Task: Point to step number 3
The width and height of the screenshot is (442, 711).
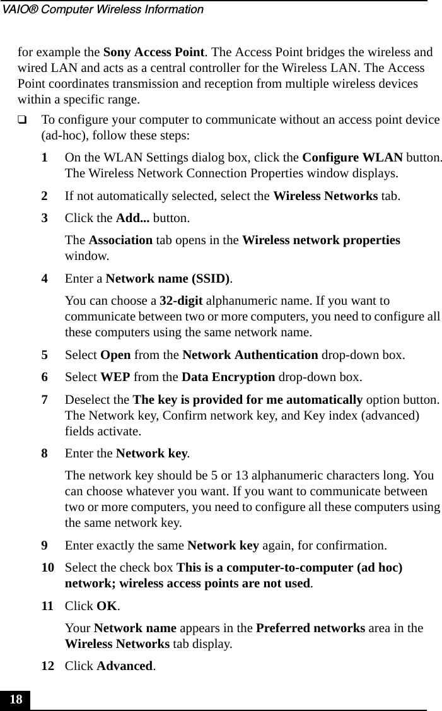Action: (x=45, y=219)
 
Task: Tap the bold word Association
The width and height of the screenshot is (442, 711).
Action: (x=120, y=241)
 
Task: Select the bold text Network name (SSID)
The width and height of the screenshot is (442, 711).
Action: (x=168, y=278)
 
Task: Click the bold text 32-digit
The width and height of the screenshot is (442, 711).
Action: (x=180, y=300)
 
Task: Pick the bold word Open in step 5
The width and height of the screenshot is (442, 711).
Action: (x=116, y=355)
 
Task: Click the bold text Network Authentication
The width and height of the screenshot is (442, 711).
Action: (x=250, y=355)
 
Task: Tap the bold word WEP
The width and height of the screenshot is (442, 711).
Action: (x=115, y=377)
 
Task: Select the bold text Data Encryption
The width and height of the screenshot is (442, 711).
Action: (x=228, y=377)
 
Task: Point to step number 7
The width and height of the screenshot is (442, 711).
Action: (x=45, y=400)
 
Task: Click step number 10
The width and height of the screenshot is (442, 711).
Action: (x=47, y=568)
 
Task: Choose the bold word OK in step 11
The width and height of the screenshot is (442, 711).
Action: (x=107, y=606)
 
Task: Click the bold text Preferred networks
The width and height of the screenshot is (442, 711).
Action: (x=324, y=628)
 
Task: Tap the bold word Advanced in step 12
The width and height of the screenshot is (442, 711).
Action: (x=125, y=666)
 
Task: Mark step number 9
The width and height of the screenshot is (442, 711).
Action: (x=45, y=545)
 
